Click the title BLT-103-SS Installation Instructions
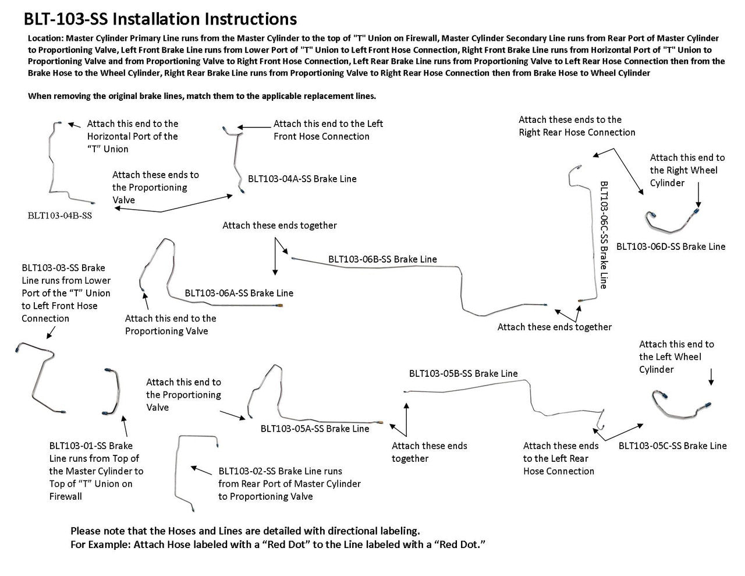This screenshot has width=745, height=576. tap(160, 19)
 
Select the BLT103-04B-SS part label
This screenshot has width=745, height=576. tap(60, 215)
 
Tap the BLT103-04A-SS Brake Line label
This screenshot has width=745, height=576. tap(302, 179)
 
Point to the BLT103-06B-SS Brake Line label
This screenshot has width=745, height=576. tap(382, 259)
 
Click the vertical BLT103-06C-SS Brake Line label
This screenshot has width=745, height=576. tap(604, 235)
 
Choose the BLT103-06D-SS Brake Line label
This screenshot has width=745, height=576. tap(670, 246)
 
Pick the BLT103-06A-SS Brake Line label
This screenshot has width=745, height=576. tap(239, 293)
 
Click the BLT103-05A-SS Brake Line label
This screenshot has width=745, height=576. tap(314, 429)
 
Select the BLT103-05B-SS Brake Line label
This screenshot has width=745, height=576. tap(463, 373)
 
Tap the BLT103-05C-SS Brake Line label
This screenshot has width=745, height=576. tap(672, 446)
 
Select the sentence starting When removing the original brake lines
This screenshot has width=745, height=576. tap(202, 96)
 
